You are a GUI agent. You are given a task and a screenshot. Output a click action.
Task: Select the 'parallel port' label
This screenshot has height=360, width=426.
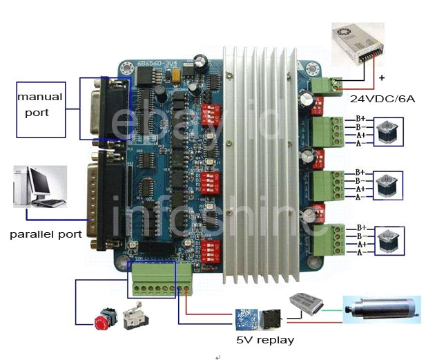tap(46, 234)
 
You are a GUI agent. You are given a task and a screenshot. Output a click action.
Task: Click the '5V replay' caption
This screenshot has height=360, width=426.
tap(265, 340)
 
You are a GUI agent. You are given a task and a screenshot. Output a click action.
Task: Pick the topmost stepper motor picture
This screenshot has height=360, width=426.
tap(385, 132)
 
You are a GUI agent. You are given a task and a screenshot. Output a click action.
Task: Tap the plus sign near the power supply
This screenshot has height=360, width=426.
tap(380, 78)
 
